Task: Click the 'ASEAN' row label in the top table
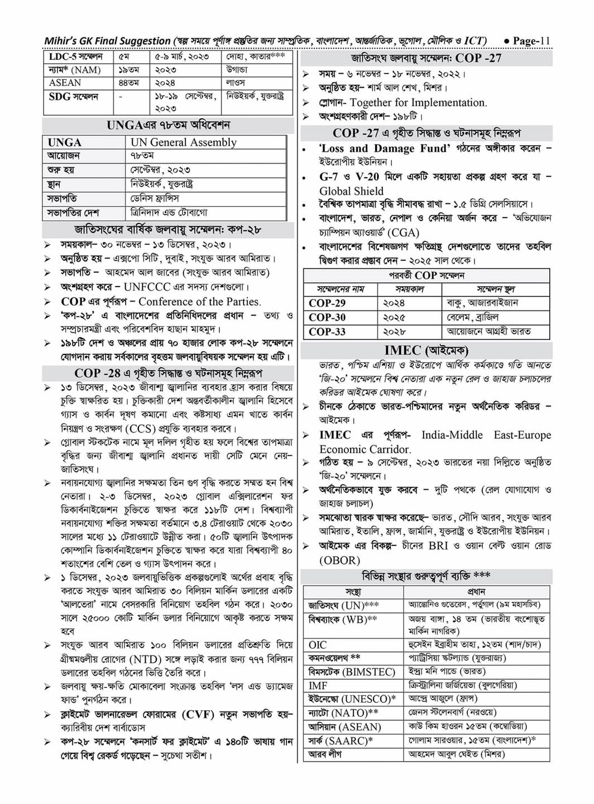pyautogui.click(x=65, y=83)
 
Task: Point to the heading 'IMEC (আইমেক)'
pyautogui.click(x=427, y=350)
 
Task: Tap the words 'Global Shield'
pyautogui.click(x=351, y=191)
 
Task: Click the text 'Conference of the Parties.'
pyautogui.click(x=199, y=301)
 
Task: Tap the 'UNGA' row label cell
pyautogui.click(x=65, y=142)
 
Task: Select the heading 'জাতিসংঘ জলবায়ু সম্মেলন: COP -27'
pyautogui.click(x=426, y=59)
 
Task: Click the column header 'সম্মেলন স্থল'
pyautogui.click(x=495, y=289)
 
